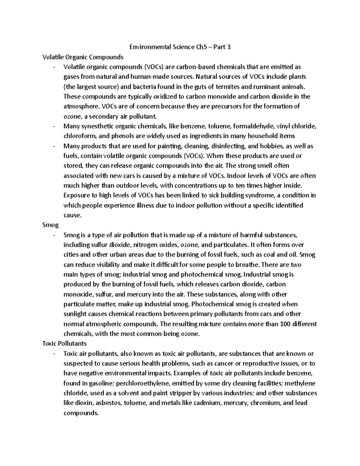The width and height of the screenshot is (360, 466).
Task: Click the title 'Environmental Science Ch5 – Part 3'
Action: coord(180,47)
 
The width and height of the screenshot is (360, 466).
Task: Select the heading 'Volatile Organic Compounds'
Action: coord(83,57)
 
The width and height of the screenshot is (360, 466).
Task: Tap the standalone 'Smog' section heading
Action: coord(50,225)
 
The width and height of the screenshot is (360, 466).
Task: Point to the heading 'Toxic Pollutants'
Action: coord(64,343)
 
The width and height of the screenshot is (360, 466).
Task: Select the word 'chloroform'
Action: coord(79,136)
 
